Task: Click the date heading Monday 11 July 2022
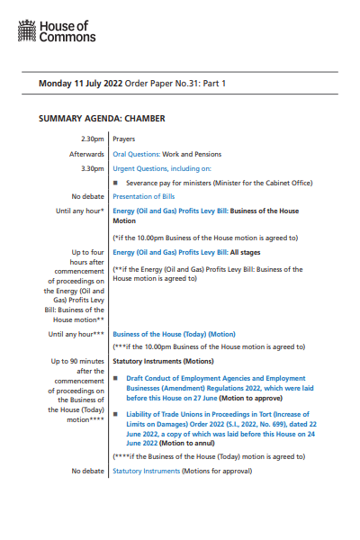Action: point(80,84)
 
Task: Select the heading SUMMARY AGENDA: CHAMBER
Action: point(102,118)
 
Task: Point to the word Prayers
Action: point(125,140)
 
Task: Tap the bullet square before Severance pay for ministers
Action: point(116,183)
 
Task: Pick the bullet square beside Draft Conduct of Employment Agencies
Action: point(116,379)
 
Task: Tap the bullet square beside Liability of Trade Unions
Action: point(116,413)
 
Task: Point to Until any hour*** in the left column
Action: point(76,333)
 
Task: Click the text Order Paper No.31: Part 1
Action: point(175,84)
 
